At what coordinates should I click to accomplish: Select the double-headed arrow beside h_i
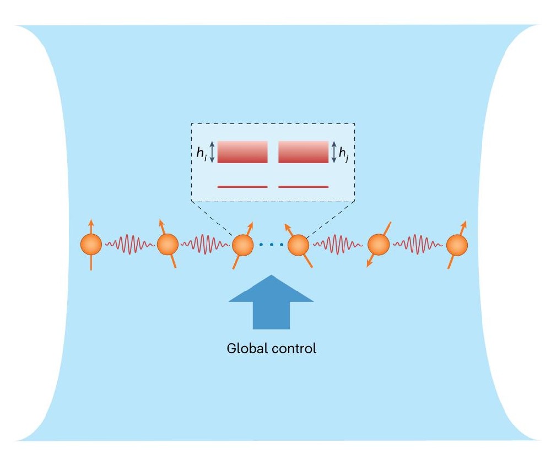(x=212, y=152)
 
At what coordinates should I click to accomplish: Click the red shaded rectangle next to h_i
(x=242, y=152)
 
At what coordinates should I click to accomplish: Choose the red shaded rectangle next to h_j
(x=303, y=152)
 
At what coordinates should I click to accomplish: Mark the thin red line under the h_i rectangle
(x=242, y=187)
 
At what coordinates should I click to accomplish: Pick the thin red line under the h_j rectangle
(x=303, y=187)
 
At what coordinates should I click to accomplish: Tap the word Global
(x=243, y=349)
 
